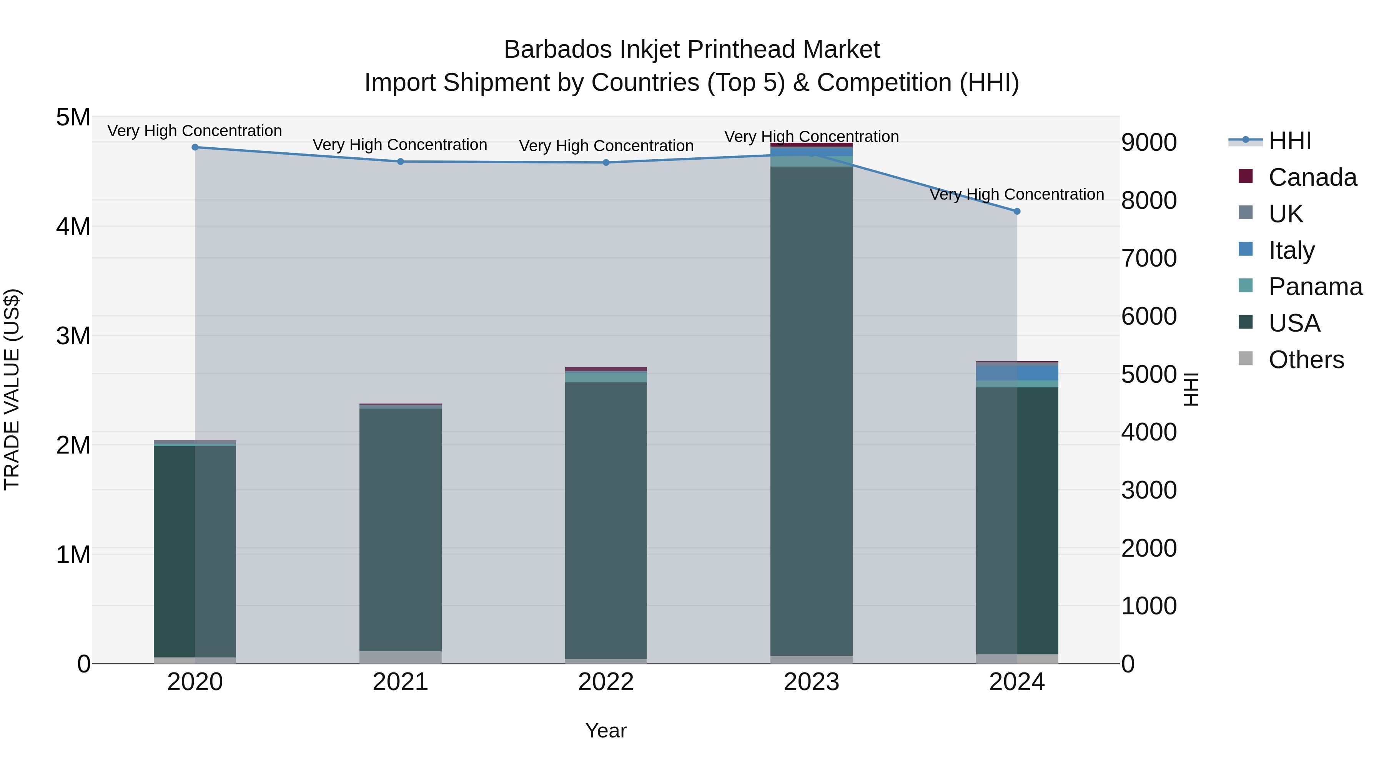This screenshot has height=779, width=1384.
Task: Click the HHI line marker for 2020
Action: [195, 147]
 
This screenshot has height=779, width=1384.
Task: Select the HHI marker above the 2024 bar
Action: [1016, 211]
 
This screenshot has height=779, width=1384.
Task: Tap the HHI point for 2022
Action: [605, 162]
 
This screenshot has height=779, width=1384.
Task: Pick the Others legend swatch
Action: [1245, 359]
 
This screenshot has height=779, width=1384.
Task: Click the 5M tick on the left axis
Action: [73, 117]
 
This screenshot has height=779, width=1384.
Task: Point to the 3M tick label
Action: [73, 336]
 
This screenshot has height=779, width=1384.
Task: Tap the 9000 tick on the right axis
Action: [1149, 142]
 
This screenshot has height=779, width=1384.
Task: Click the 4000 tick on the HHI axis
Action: [1149, 432]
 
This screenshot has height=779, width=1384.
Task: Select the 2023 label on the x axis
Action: [811, 682]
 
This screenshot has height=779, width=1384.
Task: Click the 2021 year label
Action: [400, 682]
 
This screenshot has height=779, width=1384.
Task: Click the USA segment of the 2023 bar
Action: [811, 409]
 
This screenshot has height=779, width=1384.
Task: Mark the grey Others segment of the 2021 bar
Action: [400, 657]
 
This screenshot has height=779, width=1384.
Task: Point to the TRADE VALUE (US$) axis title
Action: [12, 389]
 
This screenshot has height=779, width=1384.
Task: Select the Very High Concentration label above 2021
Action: [400, 145]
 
